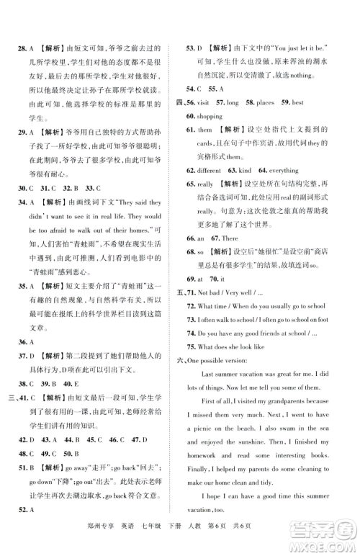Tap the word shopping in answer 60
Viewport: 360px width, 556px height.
(x=211, y=116)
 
